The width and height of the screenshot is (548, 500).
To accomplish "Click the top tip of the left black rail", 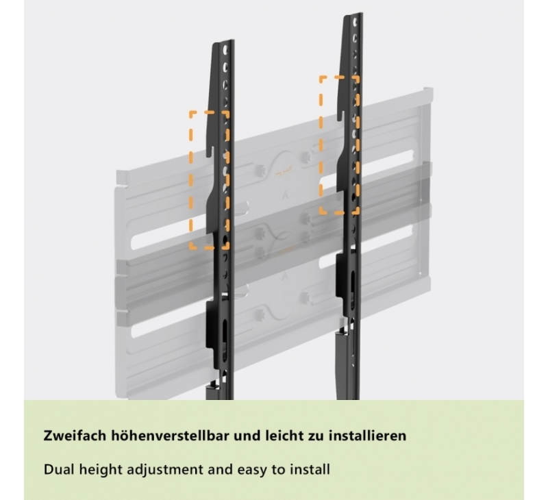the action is point(224,41).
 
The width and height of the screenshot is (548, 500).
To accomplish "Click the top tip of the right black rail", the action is point(353,14).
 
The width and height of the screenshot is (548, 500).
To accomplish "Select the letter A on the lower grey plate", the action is point(284,276).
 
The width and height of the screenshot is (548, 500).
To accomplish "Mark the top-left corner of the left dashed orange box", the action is point(191,113).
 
